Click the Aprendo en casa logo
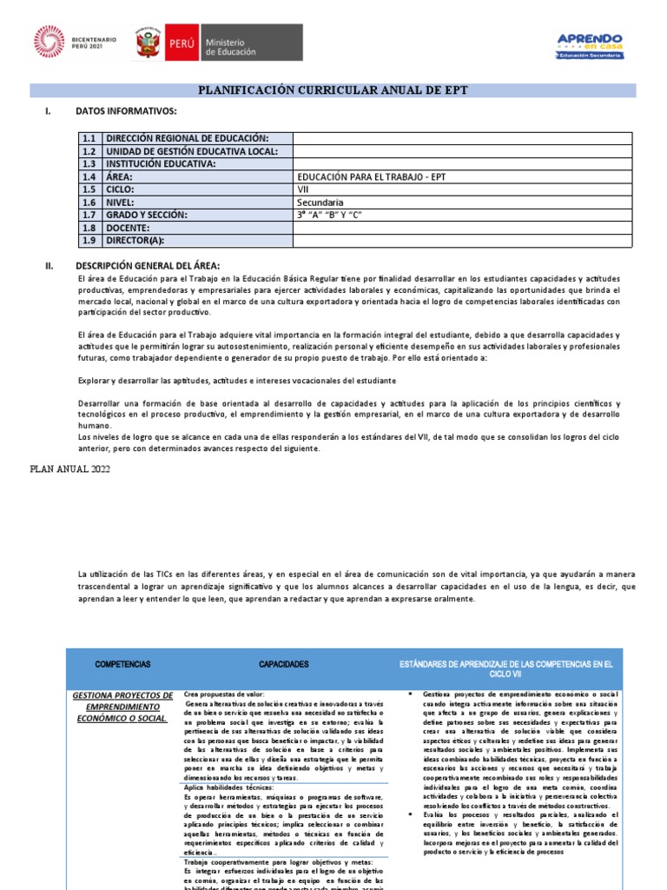[589, 44]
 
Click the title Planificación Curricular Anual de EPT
[333, 90]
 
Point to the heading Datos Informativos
[126, 112]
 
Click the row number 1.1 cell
[89, 139]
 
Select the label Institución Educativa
[160, 164]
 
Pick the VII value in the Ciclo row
[303, 189]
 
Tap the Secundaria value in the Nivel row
[320, 203]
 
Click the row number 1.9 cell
[89, 241]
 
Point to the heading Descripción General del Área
[148, 265]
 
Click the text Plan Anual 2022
[69, 469]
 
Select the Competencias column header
[122, 664]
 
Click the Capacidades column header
[283, 664]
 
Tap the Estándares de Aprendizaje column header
[505, 668]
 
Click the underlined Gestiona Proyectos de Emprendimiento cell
[122, 707]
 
